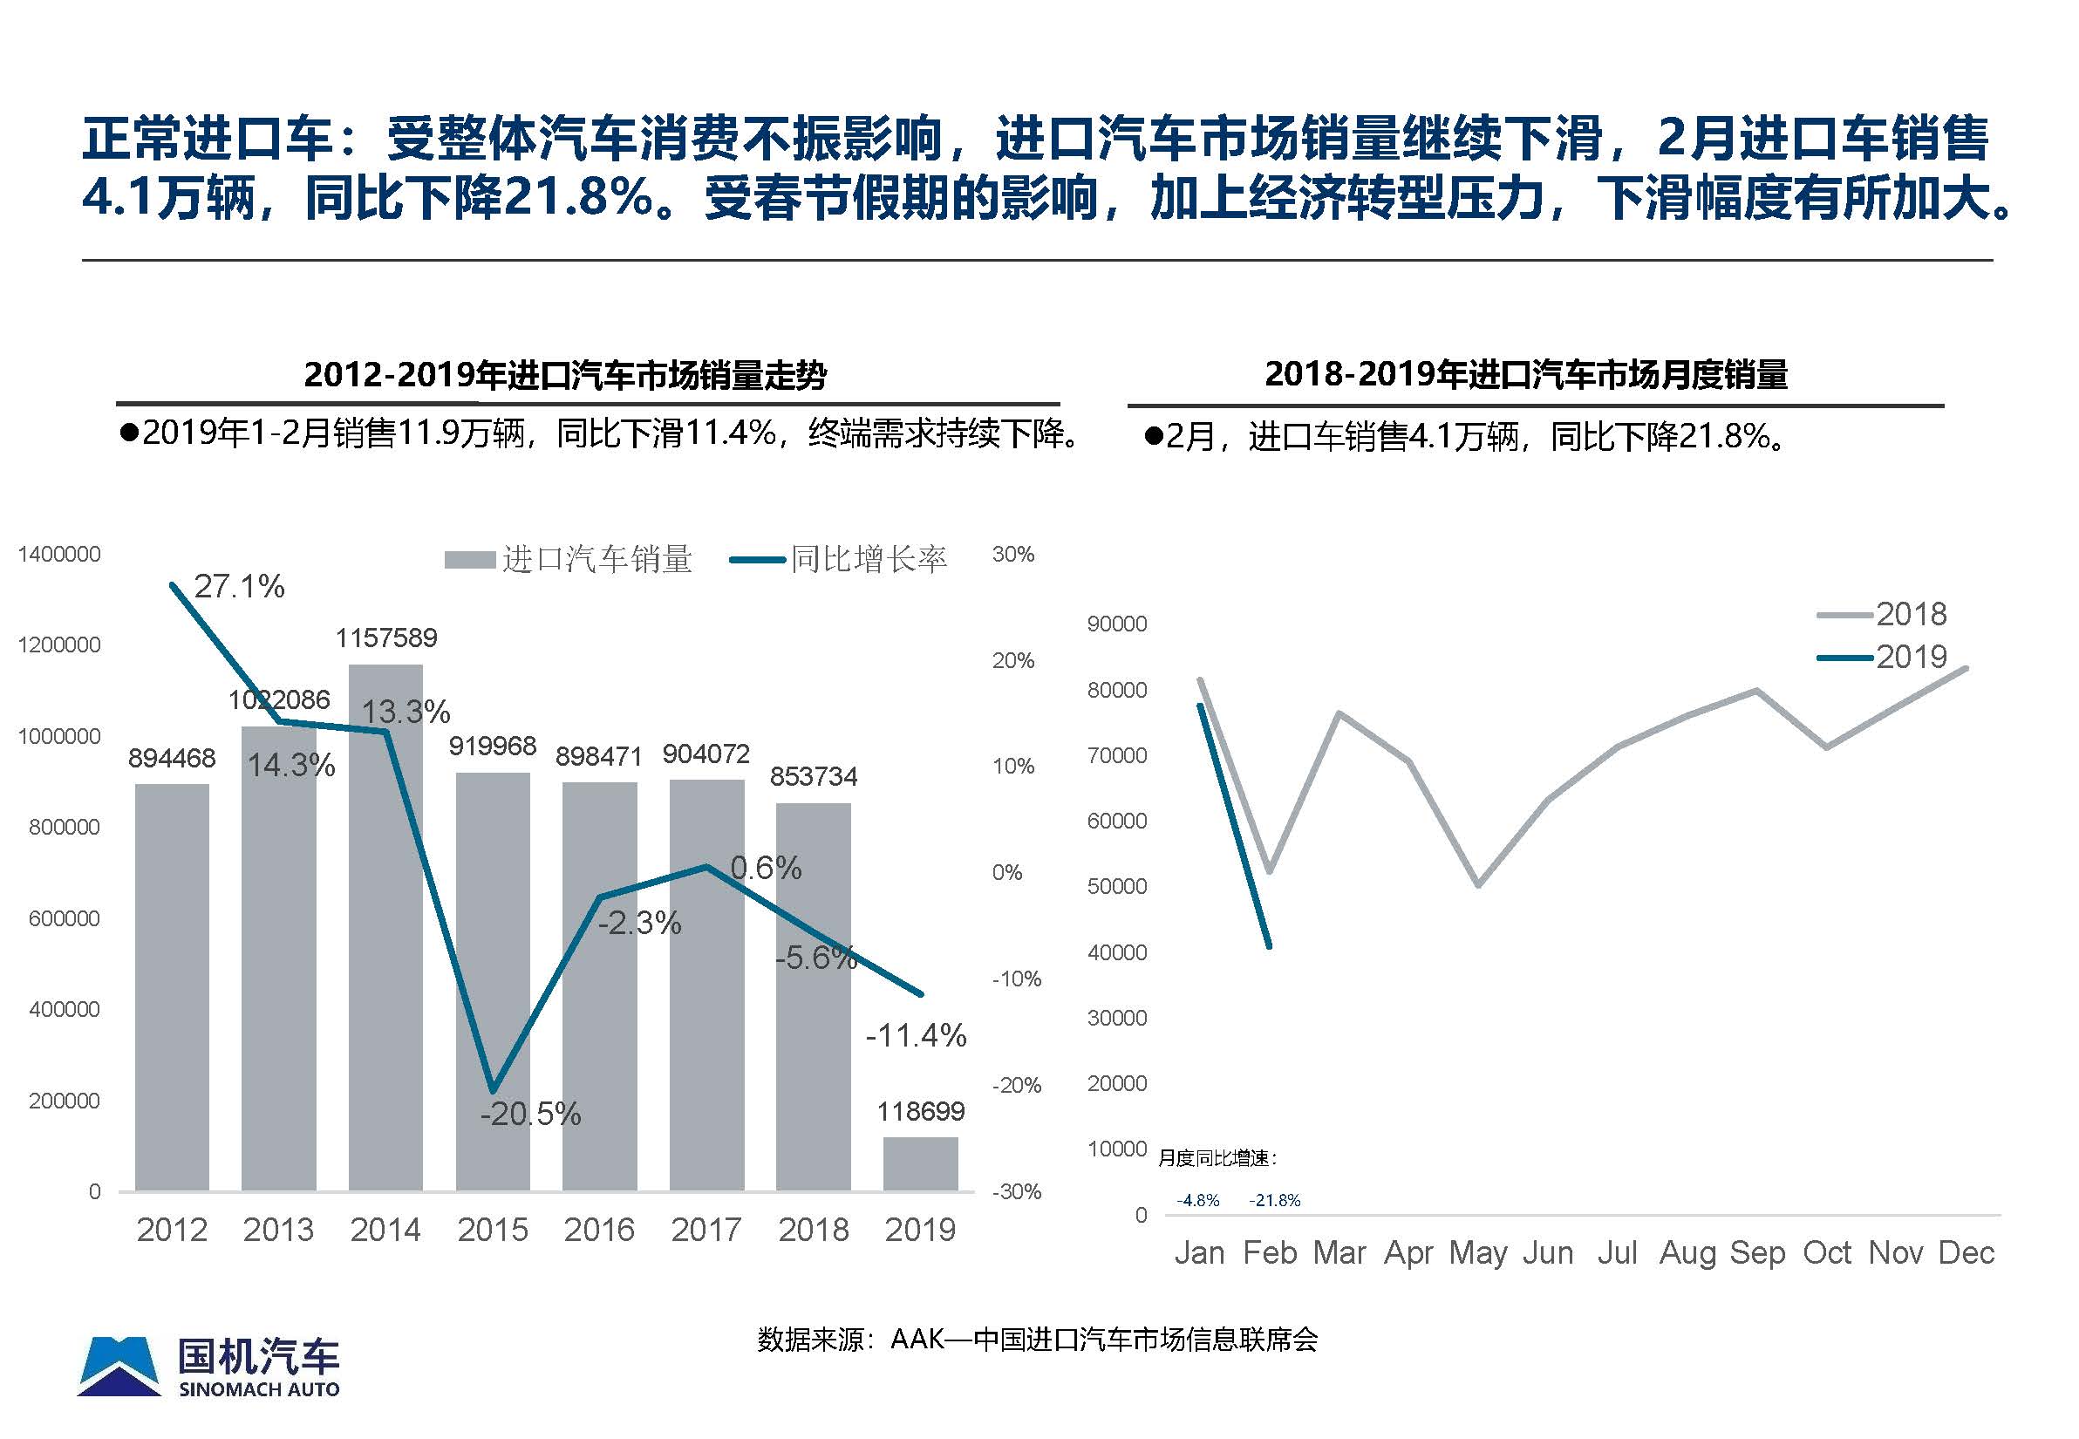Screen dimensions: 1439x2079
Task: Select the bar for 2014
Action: (x=385, y=929)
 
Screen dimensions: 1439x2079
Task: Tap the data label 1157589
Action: (x=385, y=638)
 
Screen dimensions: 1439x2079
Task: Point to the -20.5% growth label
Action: (x=530, y=1115)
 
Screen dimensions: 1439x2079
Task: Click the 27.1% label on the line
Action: (x=239, y=587)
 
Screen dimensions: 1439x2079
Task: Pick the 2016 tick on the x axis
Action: (x=599, y=1230)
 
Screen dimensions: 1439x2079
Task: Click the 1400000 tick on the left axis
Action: (x=59, y=555)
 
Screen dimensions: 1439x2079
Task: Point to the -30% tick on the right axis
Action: (x=1016, y=1191)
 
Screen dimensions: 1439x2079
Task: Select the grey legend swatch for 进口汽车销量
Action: (x=470, y=561)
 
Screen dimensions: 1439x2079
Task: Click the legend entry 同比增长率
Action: (x=869, y=560)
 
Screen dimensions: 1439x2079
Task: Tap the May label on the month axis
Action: (x=1477, y=1252)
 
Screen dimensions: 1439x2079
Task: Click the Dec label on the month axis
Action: (x=1967, y=1252)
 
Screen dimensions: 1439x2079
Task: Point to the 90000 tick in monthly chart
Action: (x=1117, y=624)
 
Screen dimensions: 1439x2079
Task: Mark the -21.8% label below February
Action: (x=1275, y=1200)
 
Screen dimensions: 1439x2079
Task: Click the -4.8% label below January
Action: (x=1198, y=1200)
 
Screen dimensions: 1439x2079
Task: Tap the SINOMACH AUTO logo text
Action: (x=259, y=1389)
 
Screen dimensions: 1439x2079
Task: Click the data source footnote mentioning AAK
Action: (x=1037, y=1340)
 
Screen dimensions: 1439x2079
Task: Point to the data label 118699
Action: (x=921, y=1111)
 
